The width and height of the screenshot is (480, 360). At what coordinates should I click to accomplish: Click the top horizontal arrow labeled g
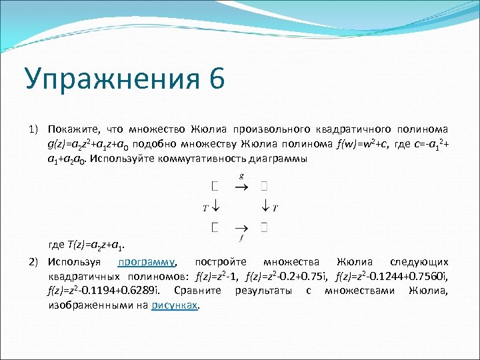point(241,187)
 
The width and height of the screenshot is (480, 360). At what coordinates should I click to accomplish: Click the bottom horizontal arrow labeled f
point(241,227)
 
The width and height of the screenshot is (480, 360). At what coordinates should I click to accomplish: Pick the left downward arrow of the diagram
point(216,207)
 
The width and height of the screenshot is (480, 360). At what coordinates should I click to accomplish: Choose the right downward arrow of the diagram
point(265,207)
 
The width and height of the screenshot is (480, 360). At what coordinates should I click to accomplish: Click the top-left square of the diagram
point(215,187)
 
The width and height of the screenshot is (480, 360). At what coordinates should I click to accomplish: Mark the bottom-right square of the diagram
point(265,227)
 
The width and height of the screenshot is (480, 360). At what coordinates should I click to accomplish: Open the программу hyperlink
point(147,262)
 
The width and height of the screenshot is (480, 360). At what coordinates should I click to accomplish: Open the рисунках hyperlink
point(175,305)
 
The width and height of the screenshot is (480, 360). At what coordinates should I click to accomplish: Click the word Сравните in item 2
point(201,291)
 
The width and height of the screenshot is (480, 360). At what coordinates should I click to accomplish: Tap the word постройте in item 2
point(220,262)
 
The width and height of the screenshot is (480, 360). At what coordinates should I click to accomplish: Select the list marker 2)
point(34,262)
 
